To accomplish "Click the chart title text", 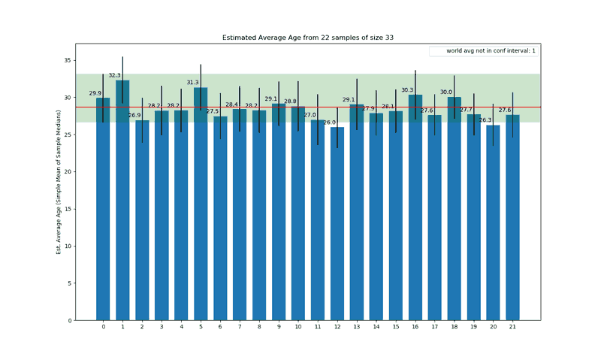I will pyautogui.click(x=307, y=37).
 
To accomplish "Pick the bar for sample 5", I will pyautogui.click(x=201, y=204).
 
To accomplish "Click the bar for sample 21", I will pyautogui.click(x=512, y=217).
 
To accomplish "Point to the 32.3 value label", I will pyautogui.click(x=114, y=75).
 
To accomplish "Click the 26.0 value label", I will pyautogui.click(x=329, y=122).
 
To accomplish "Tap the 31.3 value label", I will pyautogui.click(x=192, y=83).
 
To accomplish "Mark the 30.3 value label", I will pyautogui.click(x=407, y=90).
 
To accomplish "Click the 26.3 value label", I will pyautogui.click(x=485, y=119).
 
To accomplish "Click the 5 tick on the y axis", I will pyautogui.click(x=68, y=283).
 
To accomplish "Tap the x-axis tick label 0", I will pyautogui.click(x=103, y=328).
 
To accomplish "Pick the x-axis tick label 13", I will pyautogui.click(x=357, y=328).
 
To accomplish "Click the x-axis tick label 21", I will pyautogui.click(x=512, y=328).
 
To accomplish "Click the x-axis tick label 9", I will pyautogui.click(x=279, y=328).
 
